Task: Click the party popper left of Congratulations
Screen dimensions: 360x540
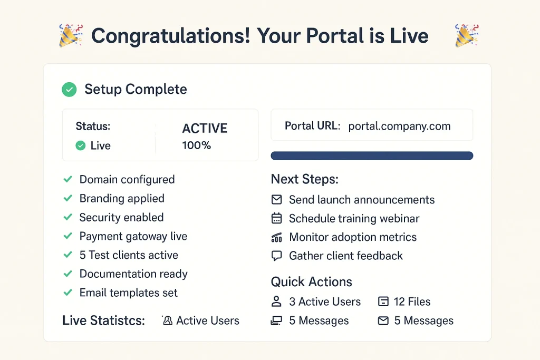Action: coord(71,36)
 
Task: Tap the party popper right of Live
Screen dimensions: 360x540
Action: coord(466,36)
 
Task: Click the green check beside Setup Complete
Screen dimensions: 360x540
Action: coord(69,90)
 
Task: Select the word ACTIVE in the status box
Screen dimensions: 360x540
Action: coord(205,129)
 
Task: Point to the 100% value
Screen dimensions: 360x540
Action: coord(196,145)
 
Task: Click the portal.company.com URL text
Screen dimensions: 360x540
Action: coord(399,126)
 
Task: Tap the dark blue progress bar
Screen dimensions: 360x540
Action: coord(372,155)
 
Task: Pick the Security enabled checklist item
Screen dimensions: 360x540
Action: coord(121,218)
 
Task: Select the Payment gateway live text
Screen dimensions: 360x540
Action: coord(133,237)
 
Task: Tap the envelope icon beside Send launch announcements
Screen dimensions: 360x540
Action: coord(276,200)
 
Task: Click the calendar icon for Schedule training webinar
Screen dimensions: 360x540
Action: coord(276,219)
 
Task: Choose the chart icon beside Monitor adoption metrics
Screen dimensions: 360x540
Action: coord(276,238)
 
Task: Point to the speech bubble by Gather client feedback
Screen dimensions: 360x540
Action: coord(276,256)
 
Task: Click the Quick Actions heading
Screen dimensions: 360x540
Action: coord(311,282)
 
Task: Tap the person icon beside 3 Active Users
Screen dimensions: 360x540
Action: coord(276,302)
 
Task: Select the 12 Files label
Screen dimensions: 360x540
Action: coord(412,302)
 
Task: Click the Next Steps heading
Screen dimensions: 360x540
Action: coord(304,179)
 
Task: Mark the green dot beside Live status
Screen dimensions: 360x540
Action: coord(81,146)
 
